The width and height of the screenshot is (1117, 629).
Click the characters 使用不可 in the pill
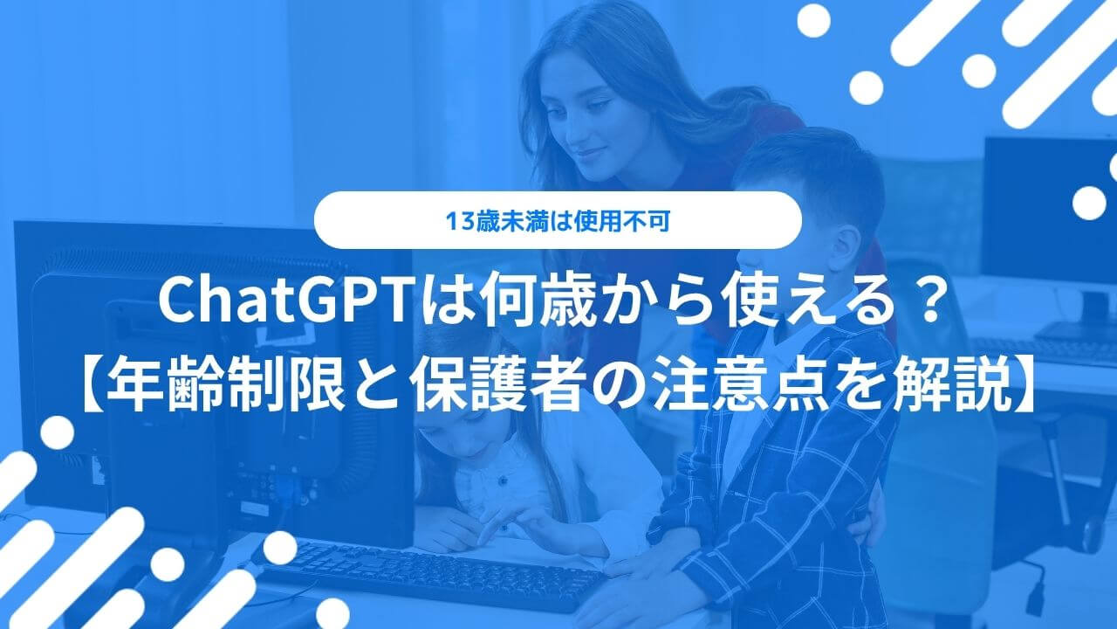pyautogui.click(x=621, y=222)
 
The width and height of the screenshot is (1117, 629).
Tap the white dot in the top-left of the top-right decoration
pyautogui.click(x=813, y=20)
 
